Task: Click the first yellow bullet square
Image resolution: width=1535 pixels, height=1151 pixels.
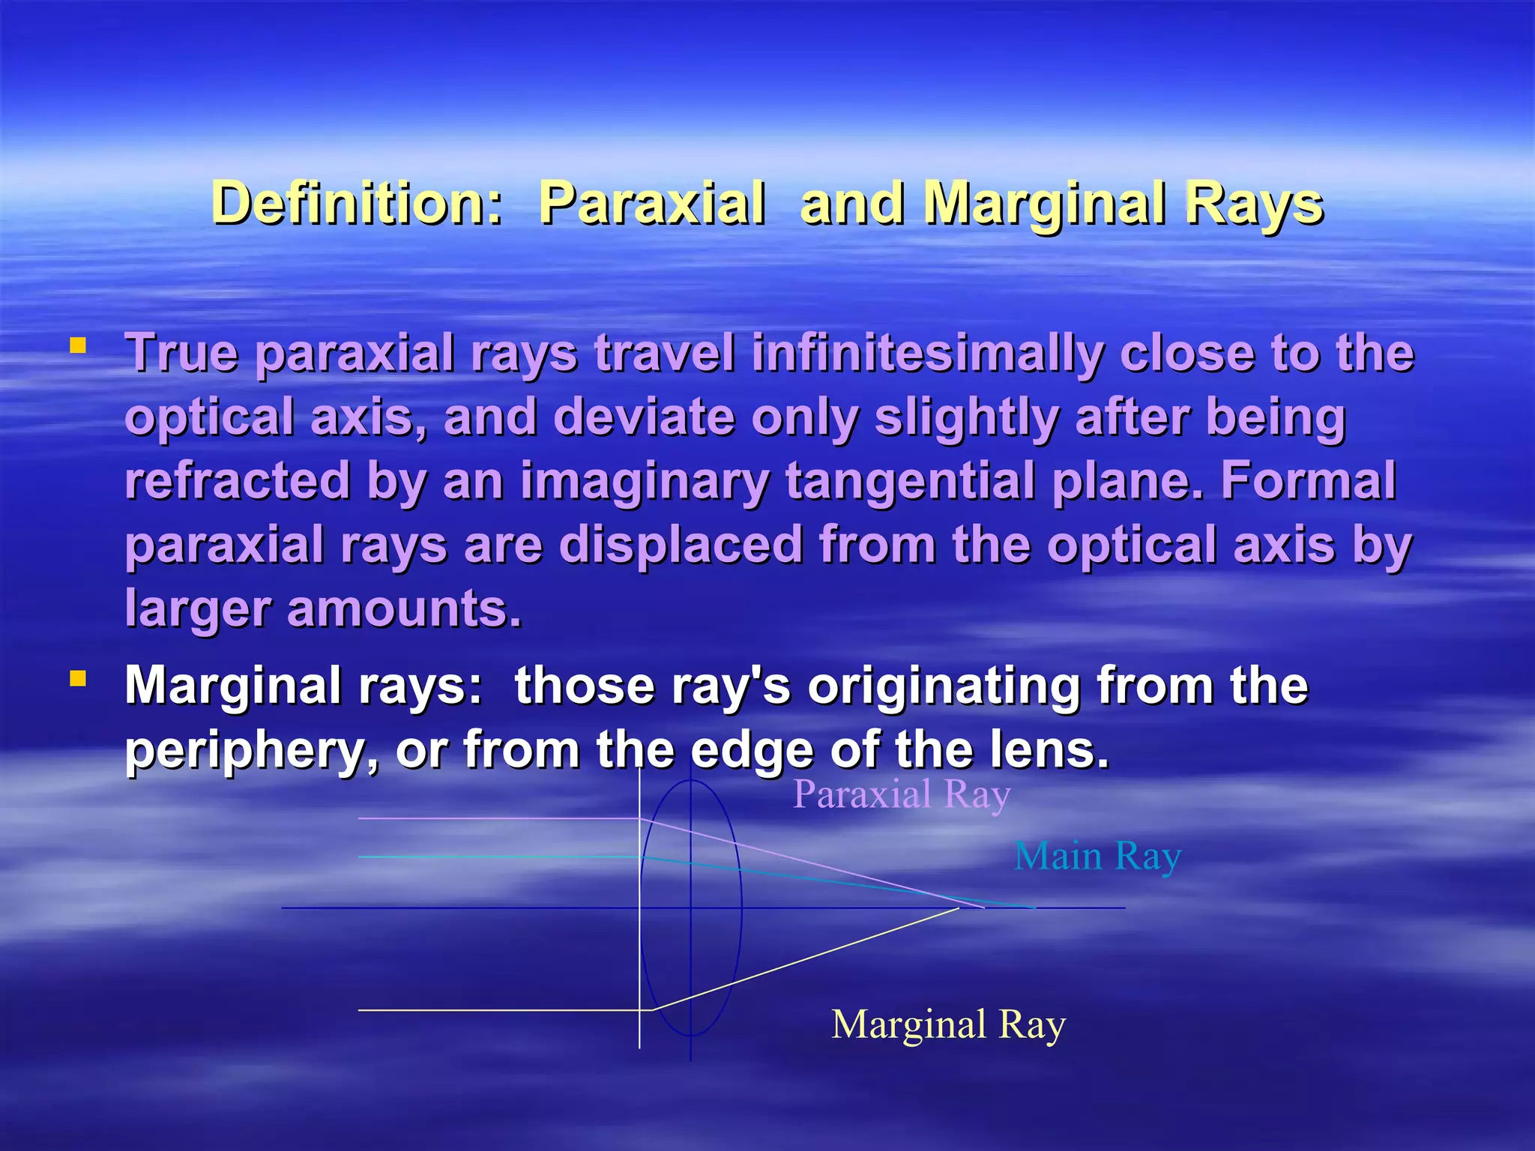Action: click(x=77, y=346)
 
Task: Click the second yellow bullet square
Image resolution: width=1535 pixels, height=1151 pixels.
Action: click(x=77, y=679)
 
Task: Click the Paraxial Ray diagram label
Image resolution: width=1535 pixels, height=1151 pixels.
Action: click(x=902, y=794)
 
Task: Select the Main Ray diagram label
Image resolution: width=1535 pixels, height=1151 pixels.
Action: click(x=1097, y=856)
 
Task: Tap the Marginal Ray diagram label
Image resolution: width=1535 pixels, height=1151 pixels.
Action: click(x=948, y=1024)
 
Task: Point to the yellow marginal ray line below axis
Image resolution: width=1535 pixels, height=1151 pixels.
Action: click(x=809, y=958)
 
